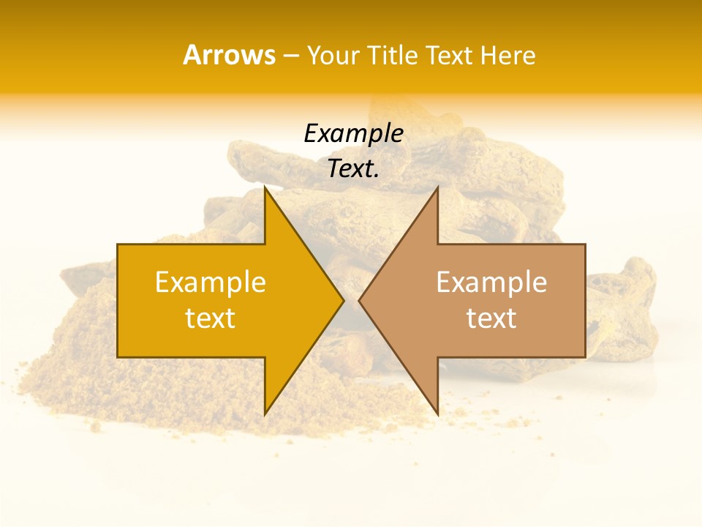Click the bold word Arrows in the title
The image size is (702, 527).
229,55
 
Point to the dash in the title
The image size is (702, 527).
291,56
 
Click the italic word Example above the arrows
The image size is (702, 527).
353,134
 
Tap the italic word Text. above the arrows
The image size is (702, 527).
353,169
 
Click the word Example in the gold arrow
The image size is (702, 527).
211,282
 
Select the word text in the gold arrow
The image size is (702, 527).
211,318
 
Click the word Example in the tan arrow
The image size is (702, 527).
491,282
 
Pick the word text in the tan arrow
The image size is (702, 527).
491,318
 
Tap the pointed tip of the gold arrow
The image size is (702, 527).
343,300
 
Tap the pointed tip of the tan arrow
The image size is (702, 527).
359,300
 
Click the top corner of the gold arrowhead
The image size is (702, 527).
265,187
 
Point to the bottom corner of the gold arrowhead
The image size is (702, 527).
265,414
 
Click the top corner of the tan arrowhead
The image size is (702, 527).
437,187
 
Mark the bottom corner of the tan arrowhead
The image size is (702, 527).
437,414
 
